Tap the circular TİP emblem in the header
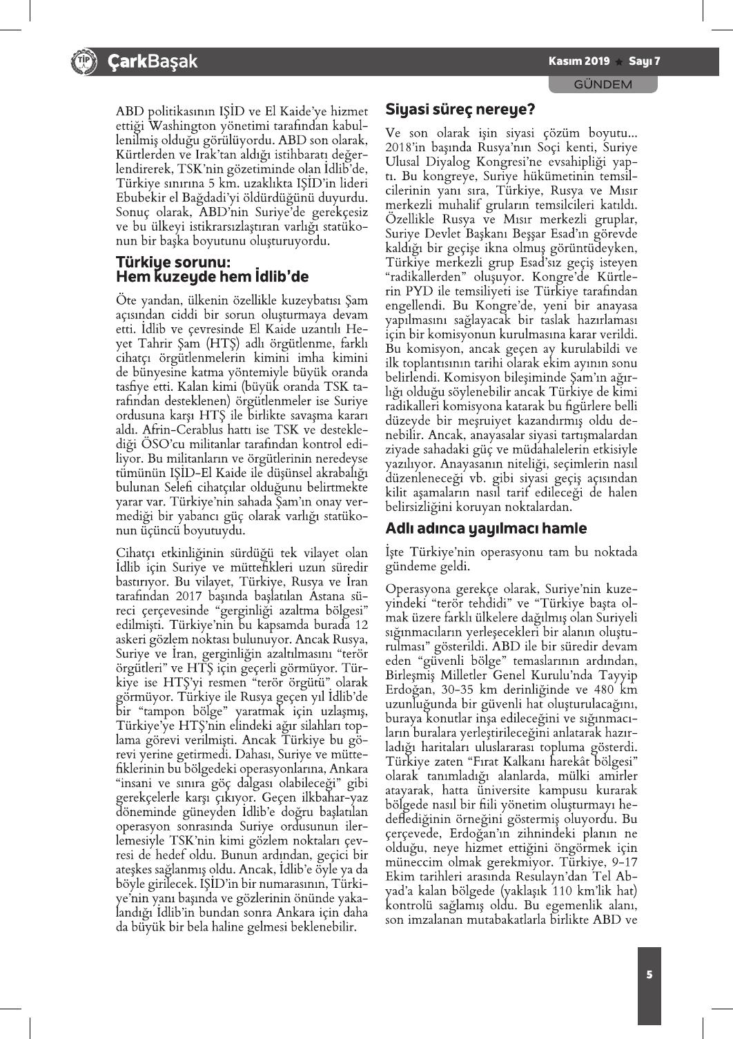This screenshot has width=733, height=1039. tap(82, 62)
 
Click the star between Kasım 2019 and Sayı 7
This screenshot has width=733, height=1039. tap(619, 62)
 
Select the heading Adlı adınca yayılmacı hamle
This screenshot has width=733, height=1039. tap(486, 529)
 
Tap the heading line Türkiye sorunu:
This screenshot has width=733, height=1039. tap(173, 262)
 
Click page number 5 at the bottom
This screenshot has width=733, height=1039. tap(649, 974)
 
